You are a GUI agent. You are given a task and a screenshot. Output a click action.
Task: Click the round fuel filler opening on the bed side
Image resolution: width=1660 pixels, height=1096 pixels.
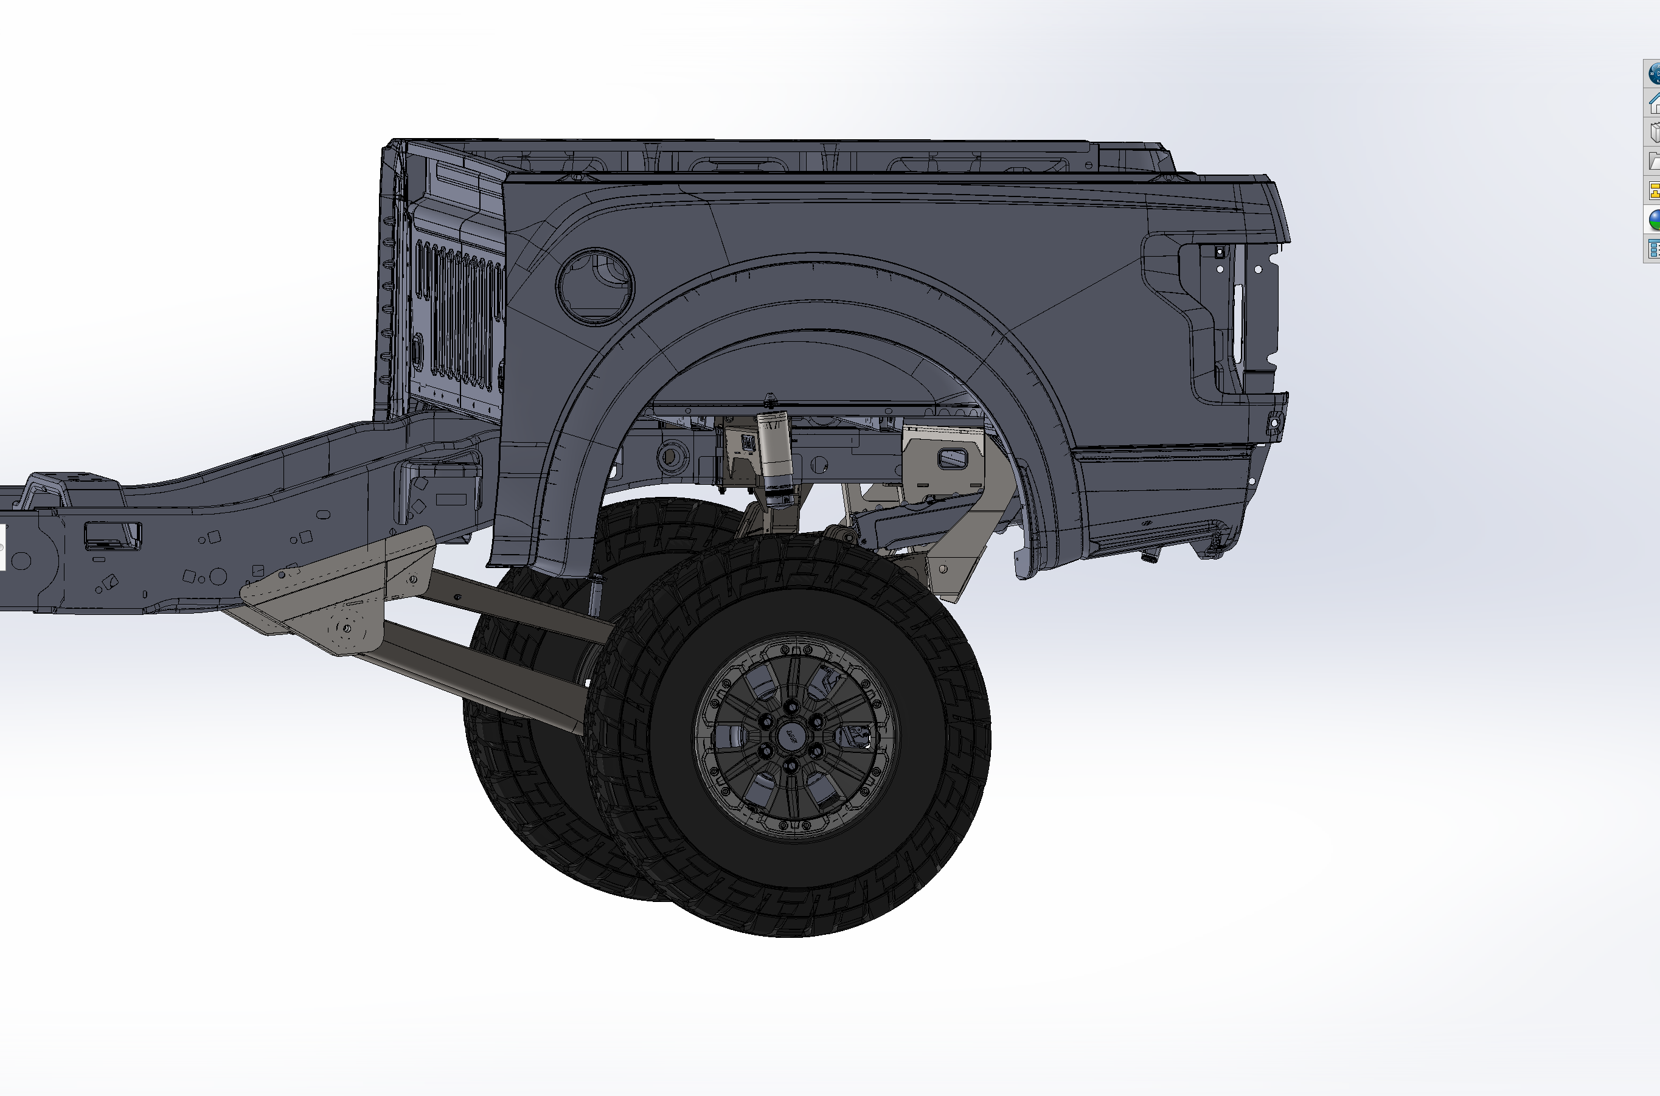pyautogui.click(x=595, y=286)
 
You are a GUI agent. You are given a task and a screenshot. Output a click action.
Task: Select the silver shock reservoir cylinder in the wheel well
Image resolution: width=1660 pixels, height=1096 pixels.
pyautogui.click(x=774, y=451)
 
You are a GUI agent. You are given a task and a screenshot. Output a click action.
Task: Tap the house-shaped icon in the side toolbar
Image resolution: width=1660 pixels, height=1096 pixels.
pyautogui.click(x=1654, y=103)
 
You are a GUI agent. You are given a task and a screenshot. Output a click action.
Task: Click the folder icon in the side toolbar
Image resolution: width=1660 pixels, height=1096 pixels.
pyautogui.click(x=1654, y=161)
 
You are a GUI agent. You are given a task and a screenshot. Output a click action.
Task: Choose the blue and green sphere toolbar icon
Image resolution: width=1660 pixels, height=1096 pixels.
pyautogui.click(x=1654, y=220)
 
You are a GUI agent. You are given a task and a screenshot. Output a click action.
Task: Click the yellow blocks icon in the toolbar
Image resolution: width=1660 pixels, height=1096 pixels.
pyautogui.click(x=1654, y=190)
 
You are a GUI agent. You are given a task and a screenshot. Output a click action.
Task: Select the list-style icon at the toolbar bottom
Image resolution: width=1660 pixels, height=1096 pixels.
pyautogui.click(x=1654, y=249)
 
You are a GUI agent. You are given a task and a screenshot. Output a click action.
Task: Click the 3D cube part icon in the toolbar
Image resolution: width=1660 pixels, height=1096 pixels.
pyautogui.click(x=1654, y=132)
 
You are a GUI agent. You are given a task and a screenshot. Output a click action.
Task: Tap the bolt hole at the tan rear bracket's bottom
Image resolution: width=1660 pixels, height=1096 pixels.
pyautogui.click(x=943, y=570)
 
